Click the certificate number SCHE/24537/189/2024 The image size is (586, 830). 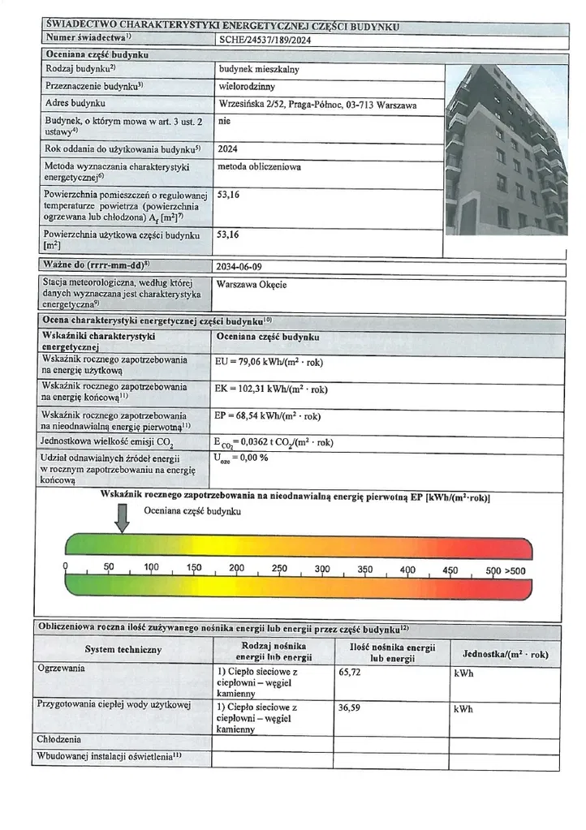pyautogui.click(x=265, y=38)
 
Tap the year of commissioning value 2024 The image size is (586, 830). pyautogui.click(x=229, y=149)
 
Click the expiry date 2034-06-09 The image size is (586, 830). pyautogui.click(x=240, y=267)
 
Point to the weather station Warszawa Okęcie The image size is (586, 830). pyautogui.click(x=252, y=284)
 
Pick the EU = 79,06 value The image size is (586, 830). pyautogui.click(x=272, y=364)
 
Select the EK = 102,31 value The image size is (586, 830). pyautogui.click(x=272, y=389)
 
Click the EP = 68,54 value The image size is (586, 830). pyautogui.click(x=269, y=416)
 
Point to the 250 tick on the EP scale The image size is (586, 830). pyautogui.click(x=279, y=569)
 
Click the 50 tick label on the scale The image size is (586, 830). pyautogui.click(x=108, y=568)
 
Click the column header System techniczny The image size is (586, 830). pyautogui.click(x=123, y=649)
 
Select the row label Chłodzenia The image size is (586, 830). pyautogui.click(x=58, y=740)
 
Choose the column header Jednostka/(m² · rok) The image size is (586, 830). pyautogui.click(x=505, y=654)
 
